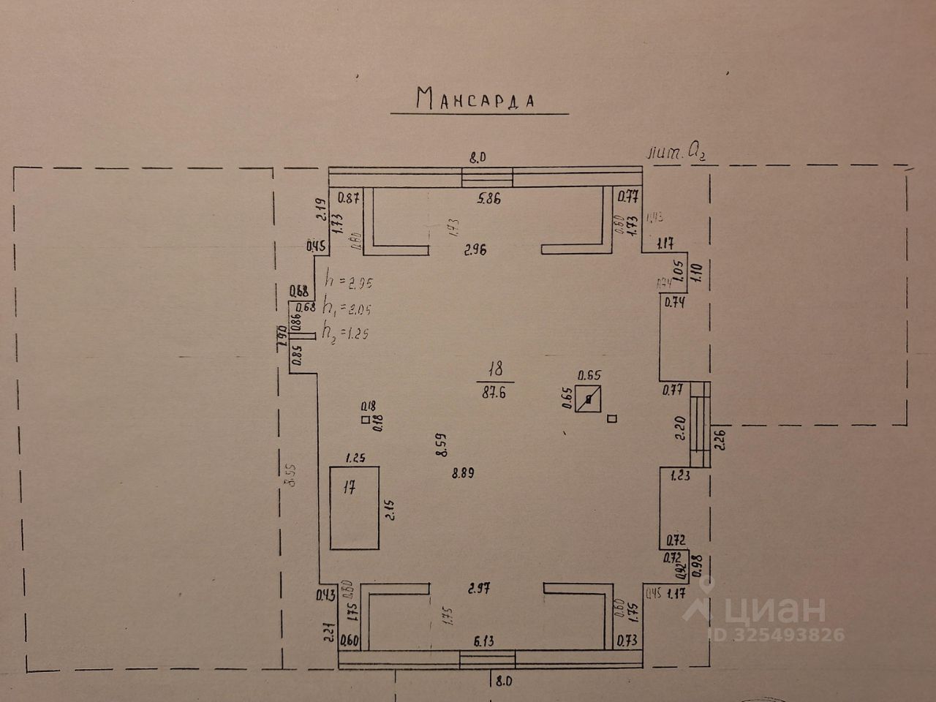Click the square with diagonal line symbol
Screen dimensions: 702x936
[x=589, y=399]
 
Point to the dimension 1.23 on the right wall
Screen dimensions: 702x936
[x=679, y=475]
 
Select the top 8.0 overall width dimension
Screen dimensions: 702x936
[x=477, y=156]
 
